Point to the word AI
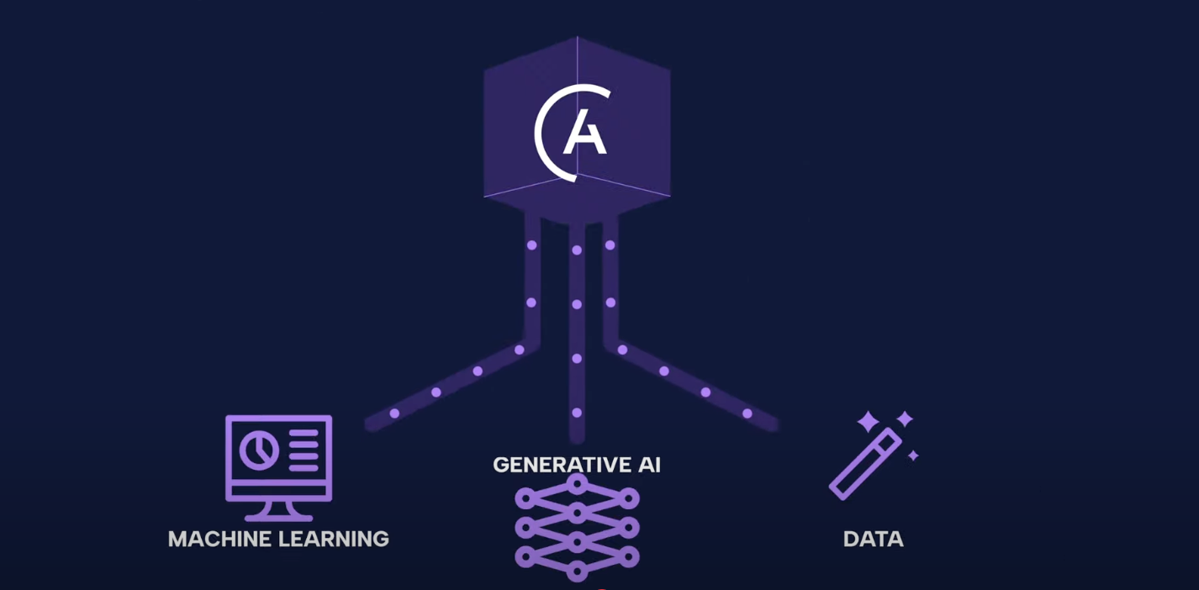click(x=649, y=465)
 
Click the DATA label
click(x=873, y=539)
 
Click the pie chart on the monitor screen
click(x=259, y=450)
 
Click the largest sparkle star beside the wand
click(x=868, y=421)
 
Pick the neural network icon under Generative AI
click(x=577, y=528)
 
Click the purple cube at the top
click(x=577, y=126)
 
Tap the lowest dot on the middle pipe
click(x=577, y=413)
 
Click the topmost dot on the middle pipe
click(x=577, y=250)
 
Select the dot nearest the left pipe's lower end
click(x=394, y=414)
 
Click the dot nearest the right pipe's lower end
click(x=747, y=414)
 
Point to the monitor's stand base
click(x=278, y=516)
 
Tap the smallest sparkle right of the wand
click(x=913, y=456)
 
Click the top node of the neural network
click(x=577, y=483)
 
